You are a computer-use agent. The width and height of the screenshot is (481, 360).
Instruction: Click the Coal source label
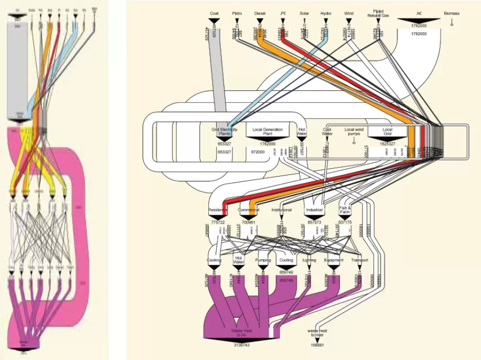(214, 13)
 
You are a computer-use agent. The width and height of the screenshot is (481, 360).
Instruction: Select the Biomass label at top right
(452, 13)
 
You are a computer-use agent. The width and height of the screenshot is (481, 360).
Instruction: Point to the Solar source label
(304, 13)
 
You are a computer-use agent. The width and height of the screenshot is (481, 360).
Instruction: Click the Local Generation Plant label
(267, 131)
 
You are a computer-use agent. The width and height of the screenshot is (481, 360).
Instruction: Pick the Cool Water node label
(327, 131)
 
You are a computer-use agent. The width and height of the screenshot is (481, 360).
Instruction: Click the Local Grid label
(387, 131)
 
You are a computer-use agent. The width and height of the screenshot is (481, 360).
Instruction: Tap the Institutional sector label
(281, 210)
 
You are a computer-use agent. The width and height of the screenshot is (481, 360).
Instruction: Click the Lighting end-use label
(309, 260)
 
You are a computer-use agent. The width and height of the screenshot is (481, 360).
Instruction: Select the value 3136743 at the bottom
(242, 345)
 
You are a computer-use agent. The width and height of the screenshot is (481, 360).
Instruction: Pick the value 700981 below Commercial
(249, 222)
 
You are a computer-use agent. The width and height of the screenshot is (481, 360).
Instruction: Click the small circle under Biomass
(452, 24)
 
